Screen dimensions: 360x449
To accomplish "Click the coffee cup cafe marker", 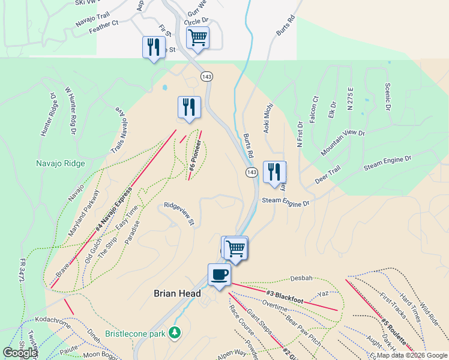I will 218,275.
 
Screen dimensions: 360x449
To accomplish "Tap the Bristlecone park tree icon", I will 175,332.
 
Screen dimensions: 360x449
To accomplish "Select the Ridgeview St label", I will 179,214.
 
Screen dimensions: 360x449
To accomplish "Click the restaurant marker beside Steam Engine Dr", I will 274,172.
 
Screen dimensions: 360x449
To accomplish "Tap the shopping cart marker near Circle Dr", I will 197,37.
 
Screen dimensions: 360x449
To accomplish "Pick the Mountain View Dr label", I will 342,142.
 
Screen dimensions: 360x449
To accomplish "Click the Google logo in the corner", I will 20,353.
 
